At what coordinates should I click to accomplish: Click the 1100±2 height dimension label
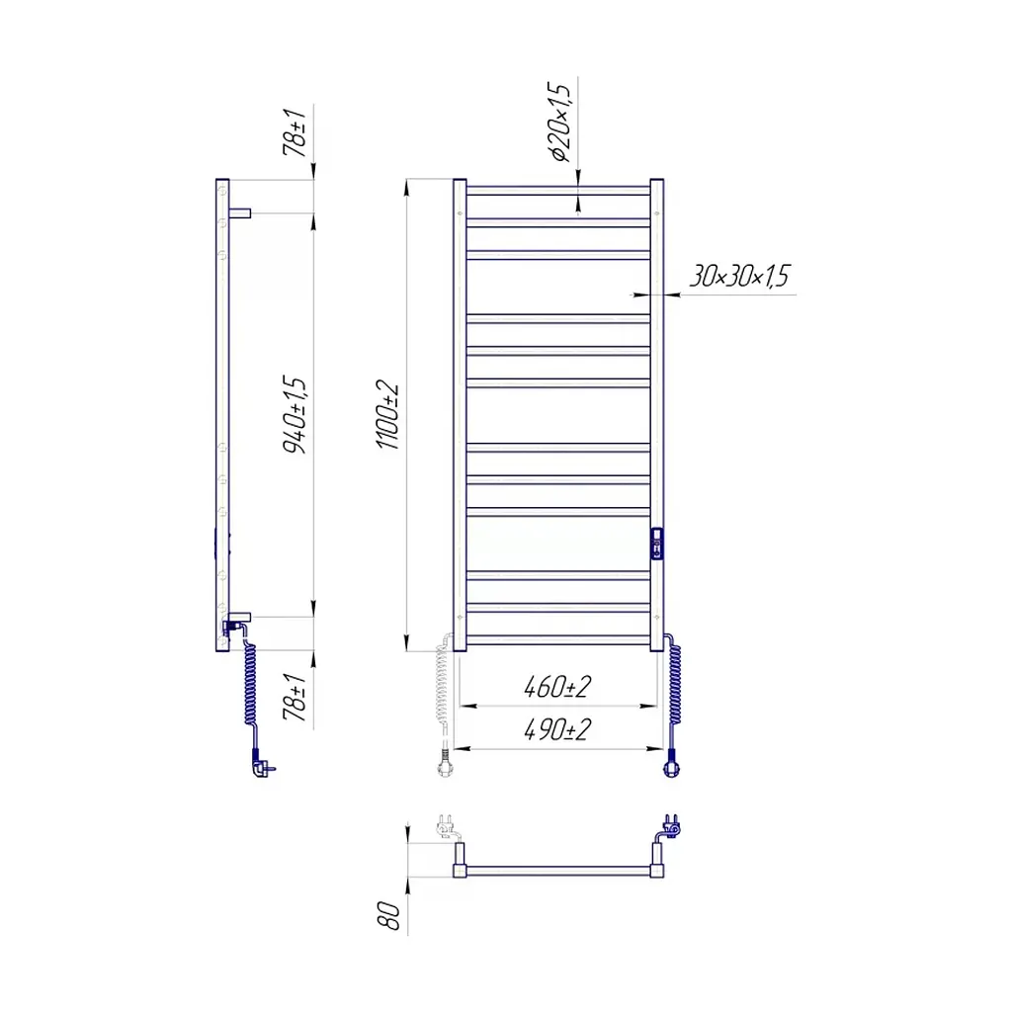point(388,415)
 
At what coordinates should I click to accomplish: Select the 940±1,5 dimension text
point(295,414)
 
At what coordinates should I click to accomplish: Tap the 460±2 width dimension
point(557,687)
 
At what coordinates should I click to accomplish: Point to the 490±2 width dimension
point(557,729)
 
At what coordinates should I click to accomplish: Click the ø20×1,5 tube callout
point(559,122)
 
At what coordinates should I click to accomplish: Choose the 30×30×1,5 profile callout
point(739,277)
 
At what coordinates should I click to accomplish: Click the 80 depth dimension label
point(389,916)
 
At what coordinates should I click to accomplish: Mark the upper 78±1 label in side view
point(295,132)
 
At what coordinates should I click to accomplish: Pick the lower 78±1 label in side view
point(295,697)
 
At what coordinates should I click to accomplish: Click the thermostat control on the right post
point(657,544)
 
